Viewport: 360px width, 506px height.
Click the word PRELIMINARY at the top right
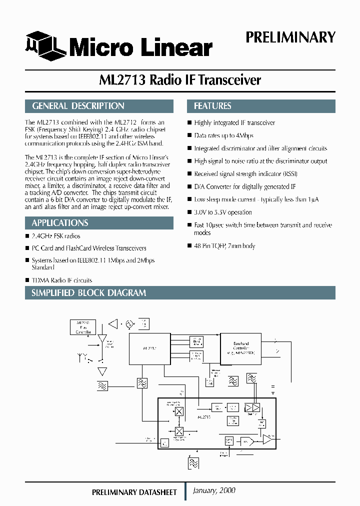[x=290, y=37]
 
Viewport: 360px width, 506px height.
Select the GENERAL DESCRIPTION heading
[x=78, y=106]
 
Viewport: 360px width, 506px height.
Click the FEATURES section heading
[x=212, y=106]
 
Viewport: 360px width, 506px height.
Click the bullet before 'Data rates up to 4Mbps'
[x=189, y=135]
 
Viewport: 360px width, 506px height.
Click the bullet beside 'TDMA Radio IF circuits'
[x=27, y=280]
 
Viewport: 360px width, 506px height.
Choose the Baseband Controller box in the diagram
[x=240, y=347]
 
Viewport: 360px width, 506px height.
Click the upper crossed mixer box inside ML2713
[x=179, y=411]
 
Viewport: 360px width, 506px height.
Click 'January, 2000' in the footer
[x=214, y=490]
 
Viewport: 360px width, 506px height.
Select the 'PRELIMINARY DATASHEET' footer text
[x=134, y=492]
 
